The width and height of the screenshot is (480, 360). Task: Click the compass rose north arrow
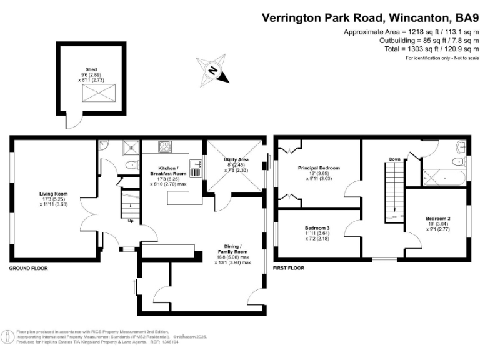(212, 70)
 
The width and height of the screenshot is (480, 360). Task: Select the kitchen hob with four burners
(166, 147)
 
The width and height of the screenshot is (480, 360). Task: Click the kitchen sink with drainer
(196, 167)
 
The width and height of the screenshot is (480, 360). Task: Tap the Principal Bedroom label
(319, 168)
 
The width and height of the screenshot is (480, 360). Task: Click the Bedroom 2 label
(438, 218)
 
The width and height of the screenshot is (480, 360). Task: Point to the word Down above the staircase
(394, 159)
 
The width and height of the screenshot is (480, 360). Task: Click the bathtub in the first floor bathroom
(444, 178)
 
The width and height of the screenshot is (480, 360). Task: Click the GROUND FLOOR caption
(28, 268)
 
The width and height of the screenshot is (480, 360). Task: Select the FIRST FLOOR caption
(289, 268)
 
